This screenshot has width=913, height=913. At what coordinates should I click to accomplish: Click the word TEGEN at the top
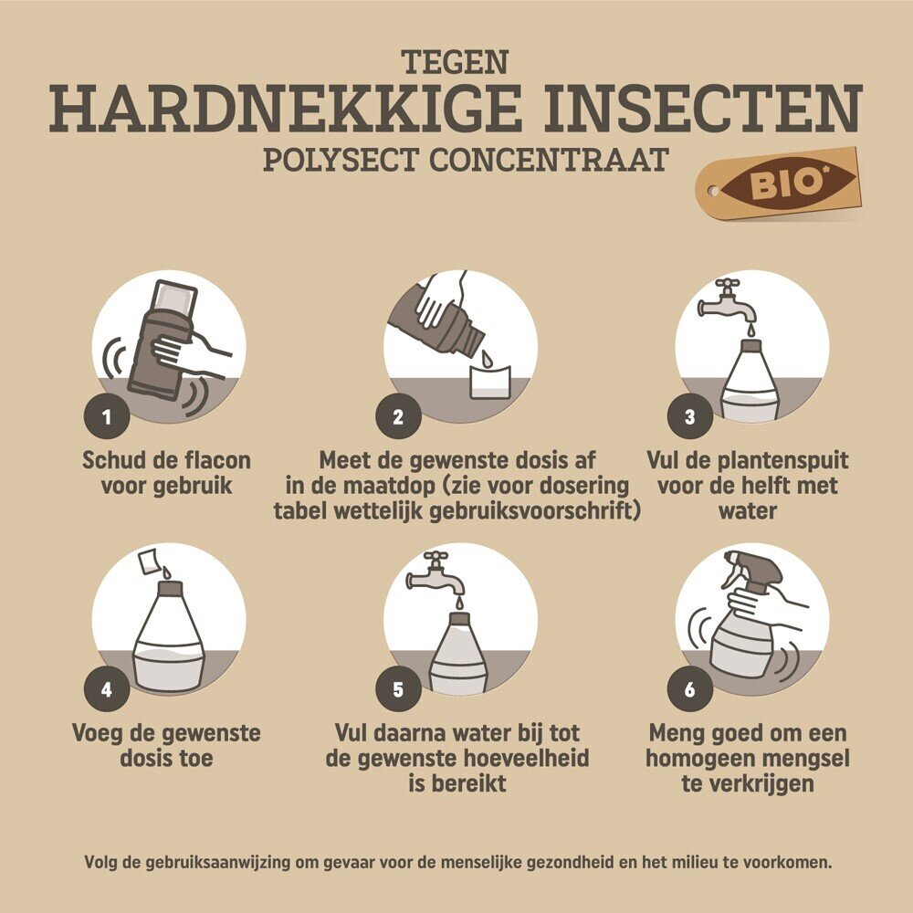tap(455, 62)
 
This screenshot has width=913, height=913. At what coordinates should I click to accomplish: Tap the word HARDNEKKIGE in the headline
tap(286, 109)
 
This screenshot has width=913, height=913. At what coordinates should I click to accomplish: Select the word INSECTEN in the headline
tap(702, 109)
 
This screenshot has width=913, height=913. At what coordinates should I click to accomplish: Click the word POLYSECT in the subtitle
tap(341, 160)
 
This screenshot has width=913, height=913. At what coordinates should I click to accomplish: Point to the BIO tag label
tap(778, 184)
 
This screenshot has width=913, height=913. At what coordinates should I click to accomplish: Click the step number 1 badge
tap(107, 416)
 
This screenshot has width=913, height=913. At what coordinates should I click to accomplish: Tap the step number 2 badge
tap(398, 416)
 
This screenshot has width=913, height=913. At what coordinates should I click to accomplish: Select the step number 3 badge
tap(690, 416)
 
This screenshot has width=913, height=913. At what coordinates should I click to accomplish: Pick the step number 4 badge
tap(107, 689)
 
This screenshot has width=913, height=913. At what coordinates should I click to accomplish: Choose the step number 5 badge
tap(398, 689)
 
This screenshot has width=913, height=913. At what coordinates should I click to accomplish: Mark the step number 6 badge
tap(690, 689)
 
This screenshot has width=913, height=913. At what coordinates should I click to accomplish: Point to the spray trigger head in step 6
tap(752, 570)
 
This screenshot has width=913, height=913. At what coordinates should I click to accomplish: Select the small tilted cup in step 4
tap(149, 561)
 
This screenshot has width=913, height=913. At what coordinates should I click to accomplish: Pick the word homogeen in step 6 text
tap(698, 759)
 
